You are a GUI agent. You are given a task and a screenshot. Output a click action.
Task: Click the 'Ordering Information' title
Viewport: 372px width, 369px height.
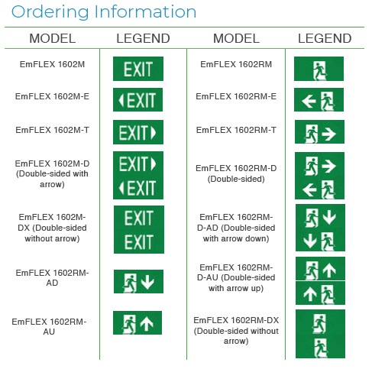(104, 11)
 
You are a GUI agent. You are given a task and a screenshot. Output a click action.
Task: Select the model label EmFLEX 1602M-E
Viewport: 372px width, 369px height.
(52, 96)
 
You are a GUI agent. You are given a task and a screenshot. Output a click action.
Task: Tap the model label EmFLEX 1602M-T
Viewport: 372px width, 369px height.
(52, 130)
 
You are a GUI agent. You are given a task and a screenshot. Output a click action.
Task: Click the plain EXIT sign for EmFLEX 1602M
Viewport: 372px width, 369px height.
(138, 69)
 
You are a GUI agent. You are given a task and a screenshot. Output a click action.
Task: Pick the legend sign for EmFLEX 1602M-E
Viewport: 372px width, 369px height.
(137, 100)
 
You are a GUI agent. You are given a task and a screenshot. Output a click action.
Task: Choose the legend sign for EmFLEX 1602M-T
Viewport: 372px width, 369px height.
(138, 132)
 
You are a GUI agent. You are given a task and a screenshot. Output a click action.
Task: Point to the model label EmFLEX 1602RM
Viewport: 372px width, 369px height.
(236, 64)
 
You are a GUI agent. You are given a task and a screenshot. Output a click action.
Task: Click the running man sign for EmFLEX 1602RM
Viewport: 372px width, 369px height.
(319, 69)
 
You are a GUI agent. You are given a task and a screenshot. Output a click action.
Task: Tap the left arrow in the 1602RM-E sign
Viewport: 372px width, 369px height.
(309, 102)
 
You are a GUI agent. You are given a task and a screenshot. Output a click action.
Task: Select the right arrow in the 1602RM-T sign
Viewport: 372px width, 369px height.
(328, 134)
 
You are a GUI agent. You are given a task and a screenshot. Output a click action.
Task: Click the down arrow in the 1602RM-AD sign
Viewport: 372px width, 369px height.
(147, 281)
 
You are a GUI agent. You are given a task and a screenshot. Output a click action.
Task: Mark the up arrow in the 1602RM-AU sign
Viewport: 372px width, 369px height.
(147, 323)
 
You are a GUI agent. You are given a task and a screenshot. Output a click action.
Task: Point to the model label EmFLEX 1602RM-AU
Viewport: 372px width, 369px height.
(49, 327)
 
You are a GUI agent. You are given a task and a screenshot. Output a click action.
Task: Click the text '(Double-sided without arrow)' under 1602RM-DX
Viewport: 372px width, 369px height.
(236, 336)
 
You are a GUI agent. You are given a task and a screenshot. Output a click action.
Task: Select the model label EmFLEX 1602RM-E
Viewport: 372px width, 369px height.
(236, 96)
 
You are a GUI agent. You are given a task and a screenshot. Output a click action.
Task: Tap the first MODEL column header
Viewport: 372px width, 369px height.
(53, 38)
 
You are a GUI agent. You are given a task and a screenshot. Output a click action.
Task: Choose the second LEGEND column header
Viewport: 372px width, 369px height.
(325, 38)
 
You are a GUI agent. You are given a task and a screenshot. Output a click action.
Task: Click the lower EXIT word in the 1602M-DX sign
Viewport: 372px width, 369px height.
(139, 242)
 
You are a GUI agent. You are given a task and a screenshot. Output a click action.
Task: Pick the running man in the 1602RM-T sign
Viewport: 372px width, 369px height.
(311, 134)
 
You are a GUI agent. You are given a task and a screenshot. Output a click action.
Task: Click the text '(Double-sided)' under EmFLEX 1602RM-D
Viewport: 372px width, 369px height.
(236, 179)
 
